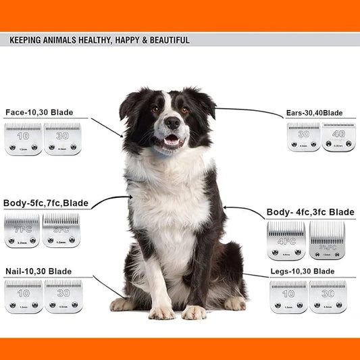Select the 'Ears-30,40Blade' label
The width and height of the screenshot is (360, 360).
tap(315, 113)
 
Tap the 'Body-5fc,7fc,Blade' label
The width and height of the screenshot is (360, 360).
tap(45, 203)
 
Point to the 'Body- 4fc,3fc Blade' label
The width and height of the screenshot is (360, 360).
tap(311, 212)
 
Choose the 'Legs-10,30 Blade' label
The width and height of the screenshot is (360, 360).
tap(302, 271)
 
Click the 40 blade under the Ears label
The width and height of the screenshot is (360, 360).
tap(338, 137)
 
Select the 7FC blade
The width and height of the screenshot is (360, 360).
tap(22, 231)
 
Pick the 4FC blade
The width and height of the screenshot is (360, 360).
tap(286, 241)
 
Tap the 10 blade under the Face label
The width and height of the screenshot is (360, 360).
tap(23, 139)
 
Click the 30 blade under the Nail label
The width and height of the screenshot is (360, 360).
tap(63, 297)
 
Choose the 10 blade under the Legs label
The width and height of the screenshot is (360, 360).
tap(288, 297)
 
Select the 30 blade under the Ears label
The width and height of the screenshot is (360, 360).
tap(303, 137)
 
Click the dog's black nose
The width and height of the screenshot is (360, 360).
tap(172, 123)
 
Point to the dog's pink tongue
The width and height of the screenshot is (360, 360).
tap(172, 142)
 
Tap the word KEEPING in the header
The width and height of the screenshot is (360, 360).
tap(27, 41)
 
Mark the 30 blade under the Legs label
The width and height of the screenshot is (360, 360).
tap(328, 297)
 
